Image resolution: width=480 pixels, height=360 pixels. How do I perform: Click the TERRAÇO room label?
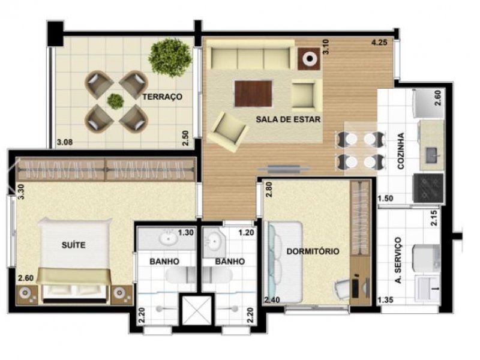pyautogui.click(x=162, y=96)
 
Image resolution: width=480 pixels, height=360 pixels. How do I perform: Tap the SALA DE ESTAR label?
pyautogui.click(x=288, y=119)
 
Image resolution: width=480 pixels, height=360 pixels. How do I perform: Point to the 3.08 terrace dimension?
pyautogui.click(x=64, y=142)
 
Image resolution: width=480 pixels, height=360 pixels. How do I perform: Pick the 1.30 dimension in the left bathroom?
pyautogui.click(x=186, y=232)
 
